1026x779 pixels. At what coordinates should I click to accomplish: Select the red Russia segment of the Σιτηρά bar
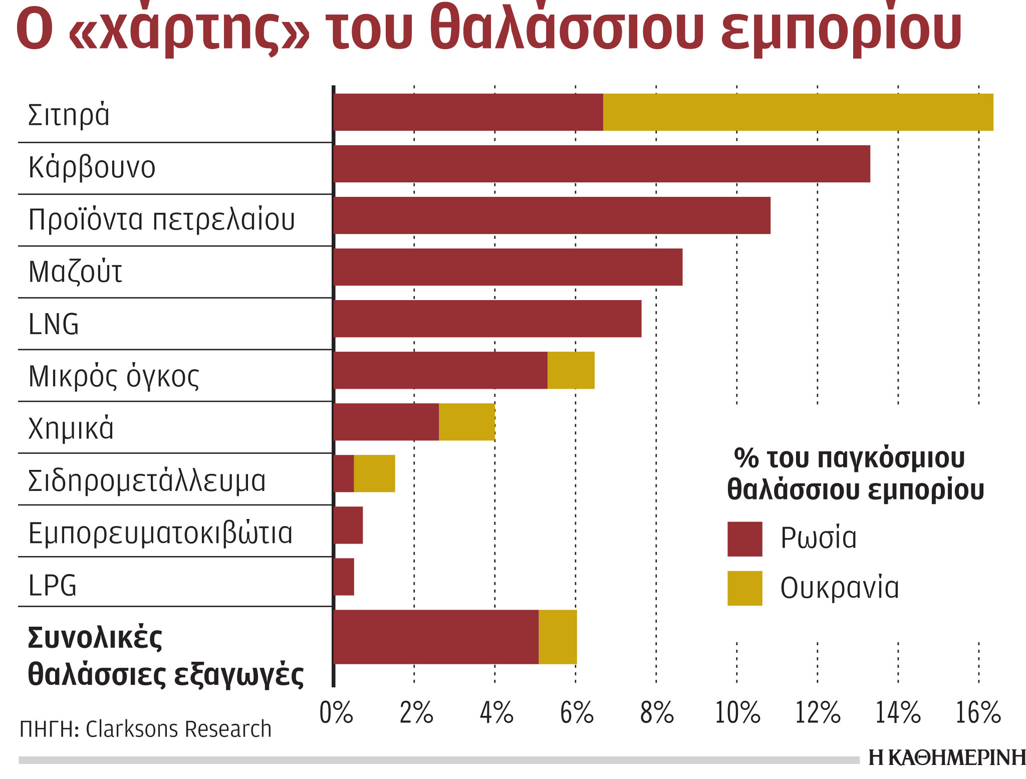[x=468, y=112]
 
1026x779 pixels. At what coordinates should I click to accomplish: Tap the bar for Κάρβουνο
[x=602, y=164]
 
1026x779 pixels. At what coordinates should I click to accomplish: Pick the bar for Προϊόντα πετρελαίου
[x=552, y=215]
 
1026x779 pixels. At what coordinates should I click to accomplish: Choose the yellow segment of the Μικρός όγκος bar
[x=571, y=370]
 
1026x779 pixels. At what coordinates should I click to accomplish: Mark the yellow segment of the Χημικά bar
[x=466, y=422]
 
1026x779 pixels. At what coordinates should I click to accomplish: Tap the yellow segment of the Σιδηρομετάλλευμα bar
[x=374, y=473]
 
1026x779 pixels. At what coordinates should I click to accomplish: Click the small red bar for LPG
[x=344, y=577]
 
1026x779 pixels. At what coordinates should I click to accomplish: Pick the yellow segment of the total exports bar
[x=557, y=637]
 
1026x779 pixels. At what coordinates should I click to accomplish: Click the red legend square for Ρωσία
[x=744, y=539]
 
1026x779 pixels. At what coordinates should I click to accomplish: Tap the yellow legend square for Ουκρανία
[x=744, y=588]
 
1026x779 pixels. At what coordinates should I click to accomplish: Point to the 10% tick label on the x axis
[x=737, y=713]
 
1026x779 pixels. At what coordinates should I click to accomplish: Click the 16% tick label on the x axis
[x=978, y=713]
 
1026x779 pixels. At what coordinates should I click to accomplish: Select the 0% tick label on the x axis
[x=336, y=713]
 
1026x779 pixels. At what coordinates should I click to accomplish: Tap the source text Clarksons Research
[x=178, y=729]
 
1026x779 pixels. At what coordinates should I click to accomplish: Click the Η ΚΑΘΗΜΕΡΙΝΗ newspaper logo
[x=946, y=758]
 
